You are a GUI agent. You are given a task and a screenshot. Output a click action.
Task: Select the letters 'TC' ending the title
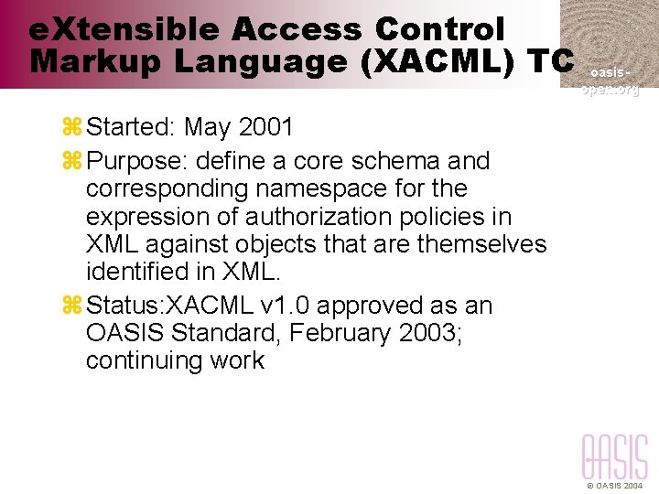point(551,63)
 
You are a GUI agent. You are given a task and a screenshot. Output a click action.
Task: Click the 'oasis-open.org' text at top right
point(610,81)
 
